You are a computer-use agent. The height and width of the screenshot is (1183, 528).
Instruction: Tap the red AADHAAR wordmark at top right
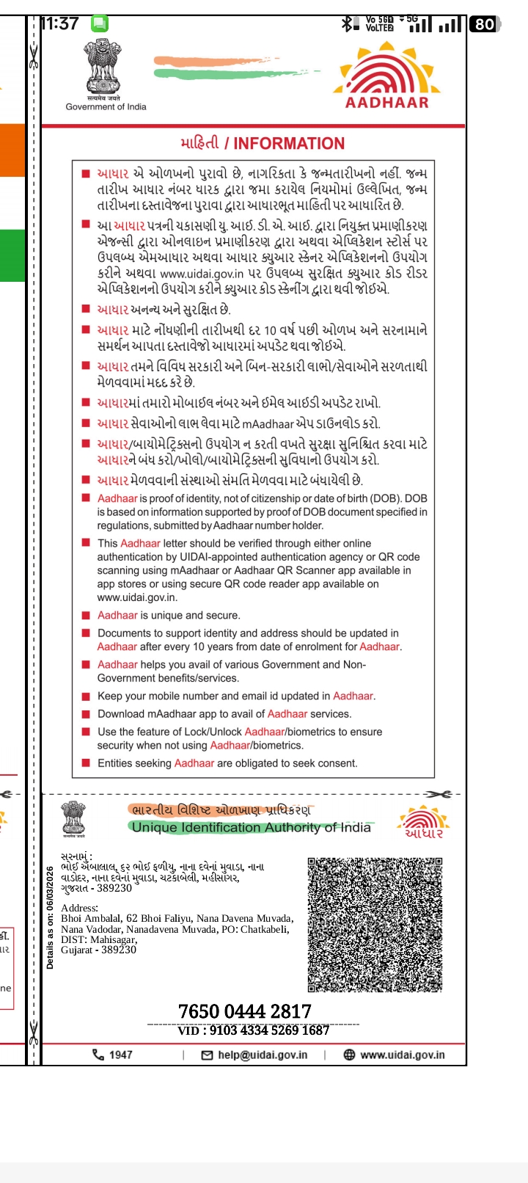tap(387, 102)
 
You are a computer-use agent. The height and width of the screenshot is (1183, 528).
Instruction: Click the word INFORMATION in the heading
tap(289, 144)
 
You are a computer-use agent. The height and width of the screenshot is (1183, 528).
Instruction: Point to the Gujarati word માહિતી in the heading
tap(199, 144)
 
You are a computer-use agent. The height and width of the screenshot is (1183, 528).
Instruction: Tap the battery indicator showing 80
tap(485, 24)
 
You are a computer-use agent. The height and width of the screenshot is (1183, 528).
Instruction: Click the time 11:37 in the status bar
tap(60, 23)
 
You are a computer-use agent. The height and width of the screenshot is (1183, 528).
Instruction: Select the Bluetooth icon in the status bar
tap(347, 24)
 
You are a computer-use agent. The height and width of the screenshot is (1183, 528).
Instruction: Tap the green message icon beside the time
tap(99, 23)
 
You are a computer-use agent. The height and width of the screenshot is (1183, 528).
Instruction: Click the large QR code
tap(375, 925)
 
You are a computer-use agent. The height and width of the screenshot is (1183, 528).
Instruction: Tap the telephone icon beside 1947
tap(98, 1055)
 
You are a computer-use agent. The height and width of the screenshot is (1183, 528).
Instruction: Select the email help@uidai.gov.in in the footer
tap(263, 1055)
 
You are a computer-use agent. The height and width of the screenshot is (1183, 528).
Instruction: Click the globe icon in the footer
tap(349, 1055)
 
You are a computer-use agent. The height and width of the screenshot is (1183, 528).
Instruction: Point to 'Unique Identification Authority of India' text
tap(251, 827)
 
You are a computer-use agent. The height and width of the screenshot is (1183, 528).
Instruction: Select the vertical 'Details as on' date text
tap(50, 917)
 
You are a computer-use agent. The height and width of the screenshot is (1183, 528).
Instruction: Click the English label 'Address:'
tap(79, 908)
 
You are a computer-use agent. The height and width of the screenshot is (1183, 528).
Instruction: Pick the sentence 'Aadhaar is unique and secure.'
tap(169, 615)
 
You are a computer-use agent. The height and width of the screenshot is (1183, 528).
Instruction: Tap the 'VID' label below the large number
tap(188, 1030)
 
